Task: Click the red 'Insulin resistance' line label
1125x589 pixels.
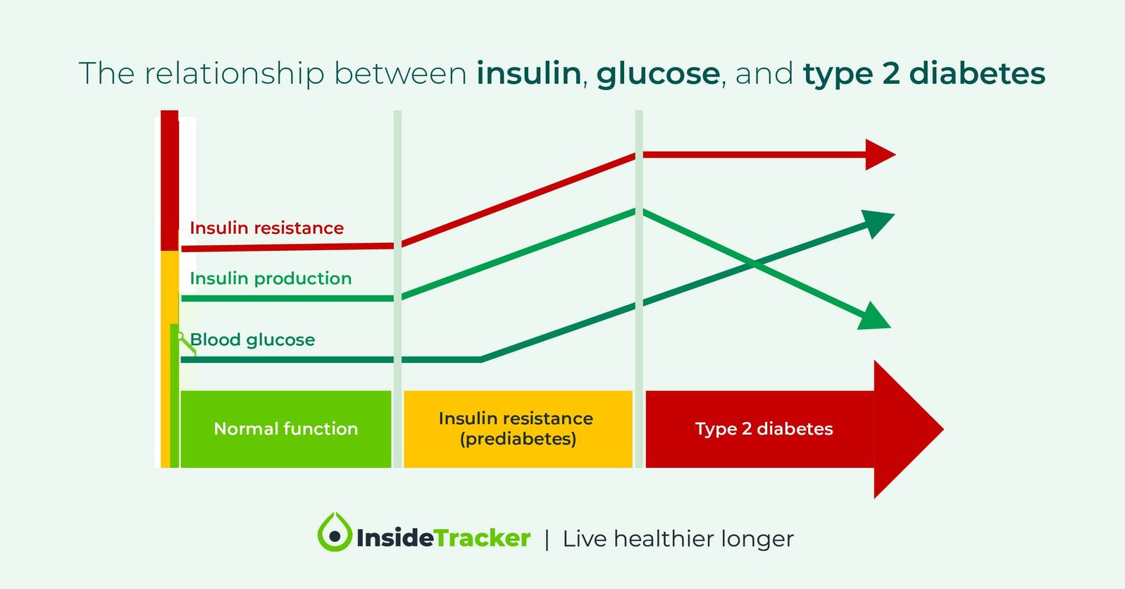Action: pyautogui.click(x=266, y=228)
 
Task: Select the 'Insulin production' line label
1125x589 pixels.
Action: pyautogui.click(x=271, y=278)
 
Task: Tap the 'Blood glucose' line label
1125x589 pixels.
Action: pyautogui.click(x=252, y=340)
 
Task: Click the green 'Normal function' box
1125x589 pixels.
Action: pyautogui.click(x=285, y=429)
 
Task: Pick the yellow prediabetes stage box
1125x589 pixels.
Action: pyautogui.click(x=517, y=429)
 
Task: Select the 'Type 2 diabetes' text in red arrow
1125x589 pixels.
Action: pyautogui.click(x=764, y=429)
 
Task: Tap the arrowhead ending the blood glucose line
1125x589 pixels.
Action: pyautogui.click(x=877, y=223)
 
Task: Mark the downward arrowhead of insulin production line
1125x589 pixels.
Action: pyautogui.click(x=874, y=318)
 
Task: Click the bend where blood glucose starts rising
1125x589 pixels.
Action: pyautogui.click(x=481, y=359)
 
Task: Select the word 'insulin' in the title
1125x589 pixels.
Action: pyautogui.click(x=528, y=73)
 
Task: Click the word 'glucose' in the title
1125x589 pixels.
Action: pyautogui.click(x=658, y=73)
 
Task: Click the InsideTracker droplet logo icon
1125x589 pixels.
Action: pyautogui.click(x=335, y=533)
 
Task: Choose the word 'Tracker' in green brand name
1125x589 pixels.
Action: pyautogui.click(x=483, y=538)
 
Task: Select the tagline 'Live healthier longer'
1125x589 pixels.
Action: pyautogui.click(x=678, y=539)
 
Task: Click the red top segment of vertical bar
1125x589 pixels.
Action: pyautogui.click(x=169, y=180)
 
